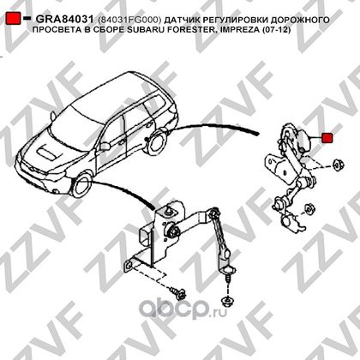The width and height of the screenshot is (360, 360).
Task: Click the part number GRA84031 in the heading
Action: (x=64, y=20)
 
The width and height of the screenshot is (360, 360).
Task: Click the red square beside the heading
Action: (x=13, y=18)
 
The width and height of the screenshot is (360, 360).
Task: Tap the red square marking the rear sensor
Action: (x=327, y=138)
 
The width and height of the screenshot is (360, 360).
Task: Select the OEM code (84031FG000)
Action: (x=129, y=20)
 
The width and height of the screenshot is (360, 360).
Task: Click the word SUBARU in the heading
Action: (x=145, y=29)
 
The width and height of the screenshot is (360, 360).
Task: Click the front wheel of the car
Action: (x=82, y=186)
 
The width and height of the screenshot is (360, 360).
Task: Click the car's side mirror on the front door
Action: (x=105, y=146)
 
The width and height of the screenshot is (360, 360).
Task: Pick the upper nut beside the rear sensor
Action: (x=338, y=165)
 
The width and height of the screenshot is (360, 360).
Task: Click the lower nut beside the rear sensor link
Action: (x=309, y=208)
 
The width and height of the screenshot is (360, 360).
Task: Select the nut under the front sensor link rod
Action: (x=227, y=300)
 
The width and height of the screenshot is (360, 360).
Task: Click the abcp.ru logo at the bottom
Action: (x=183, y=309)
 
